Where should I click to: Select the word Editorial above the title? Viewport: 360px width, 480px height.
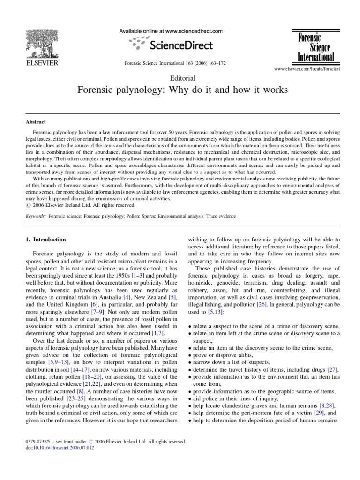[x=180, y=79]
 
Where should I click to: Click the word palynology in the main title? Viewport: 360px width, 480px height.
[x=140, y=90]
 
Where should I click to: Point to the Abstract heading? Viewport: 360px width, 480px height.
[x=36, y=121]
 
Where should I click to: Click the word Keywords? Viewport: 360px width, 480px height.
[x=37, y=216]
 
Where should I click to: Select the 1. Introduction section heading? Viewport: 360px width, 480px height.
[x=46, y=240]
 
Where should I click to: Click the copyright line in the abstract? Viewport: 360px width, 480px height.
[x=80, y=205]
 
